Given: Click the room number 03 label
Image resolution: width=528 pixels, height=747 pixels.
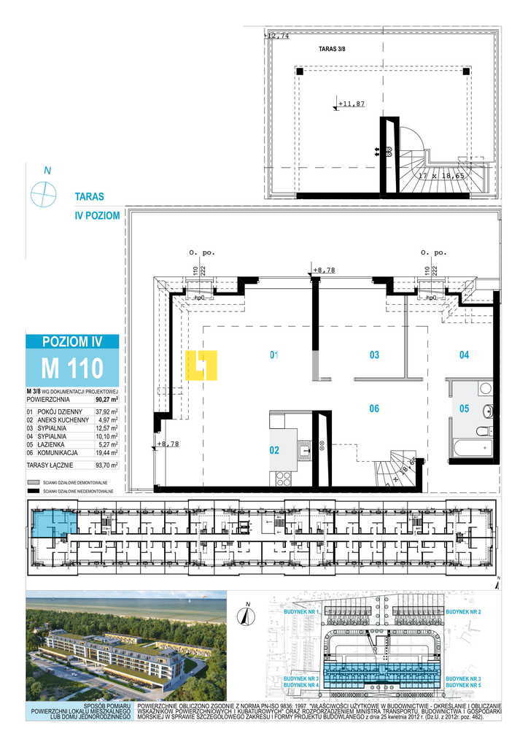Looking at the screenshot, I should tap(374, 355).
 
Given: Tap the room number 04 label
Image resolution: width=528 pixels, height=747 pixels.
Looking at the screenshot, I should tap(464, 355).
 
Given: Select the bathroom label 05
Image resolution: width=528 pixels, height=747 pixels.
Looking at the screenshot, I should tap(464, 409).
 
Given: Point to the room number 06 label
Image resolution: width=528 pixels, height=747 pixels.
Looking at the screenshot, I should tap(374, 409).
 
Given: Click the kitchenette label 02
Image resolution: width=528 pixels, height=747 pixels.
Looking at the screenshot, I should tap(274, 450).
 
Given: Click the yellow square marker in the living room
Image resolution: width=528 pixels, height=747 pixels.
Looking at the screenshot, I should tap(201, 365).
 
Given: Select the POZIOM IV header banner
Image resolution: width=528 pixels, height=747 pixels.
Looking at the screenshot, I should tap(71, 341).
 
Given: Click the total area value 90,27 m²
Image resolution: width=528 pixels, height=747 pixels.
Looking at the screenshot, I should tap(106, 400).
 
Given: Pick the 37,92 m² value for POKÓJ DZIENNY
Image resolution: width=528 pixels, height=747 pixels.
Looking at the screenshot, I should tap(106, 411).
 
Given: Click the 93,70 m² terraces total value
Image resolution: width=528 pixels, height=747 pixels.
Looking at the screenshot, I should tap(106, 464).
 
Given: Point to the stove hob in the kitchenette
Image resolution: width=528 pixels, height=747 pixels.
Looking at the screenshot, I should tap(282, 479).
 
